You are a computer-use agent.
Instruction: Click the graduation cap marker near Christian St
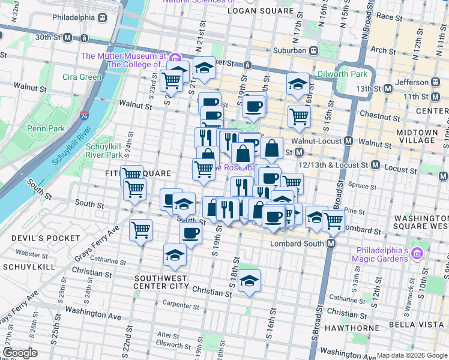click(249, 280)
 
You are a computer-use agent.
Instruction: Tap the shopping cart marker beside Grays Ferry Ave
click(140, 229)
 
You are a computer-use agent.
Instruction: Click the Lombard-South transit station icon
click(331, 244)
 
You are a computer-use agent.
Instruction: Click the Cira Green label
click(82, 77)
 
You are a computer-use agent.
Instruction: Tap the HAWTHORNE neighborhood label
click(350, 328)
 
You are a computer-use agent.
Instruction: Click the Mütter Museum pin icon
click(175, 58)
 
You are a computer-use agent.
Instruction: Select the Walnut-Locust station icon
click(348, 141)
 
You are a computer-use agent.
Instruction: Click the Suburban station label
click(291, 50)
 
